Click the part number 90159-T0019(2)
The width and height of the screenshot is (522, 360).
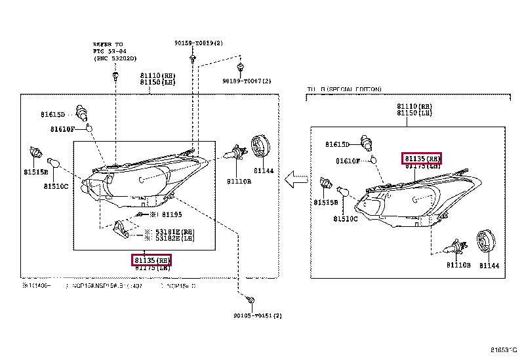coord(199,43)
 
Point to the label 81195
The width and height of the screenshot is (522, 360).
coord(171,214)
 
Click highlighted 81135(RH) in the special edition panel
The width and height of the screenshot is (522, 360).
coord(422,159)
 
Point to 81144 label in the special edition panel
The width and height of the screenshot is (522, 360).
coord(489,265)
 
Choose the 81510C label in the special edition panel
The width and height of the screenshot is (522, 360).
coord(346,218)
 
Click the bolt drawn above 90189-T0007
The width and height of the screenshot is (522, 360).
coord(241,68)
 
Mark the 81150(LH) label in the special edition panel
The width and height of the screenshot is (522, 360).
coord(414,113)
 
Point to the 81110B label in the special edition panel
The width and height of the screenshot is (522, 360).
coord(458,265)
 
